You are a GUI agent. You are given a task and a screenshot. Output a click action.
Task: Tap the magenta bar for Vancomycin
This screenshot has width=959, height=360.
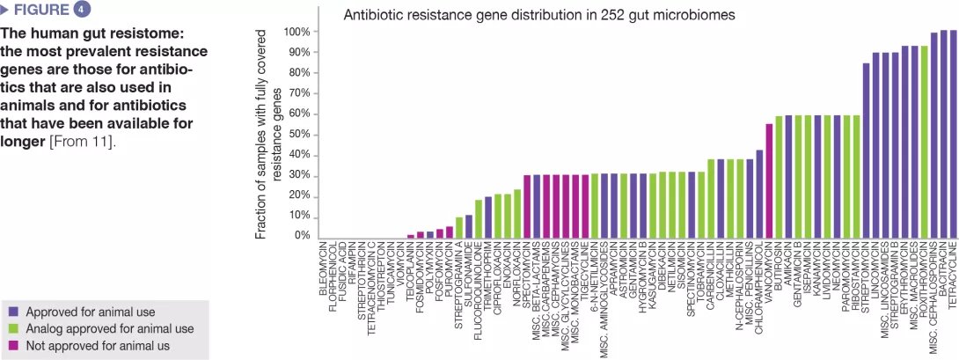[x=769, y=180]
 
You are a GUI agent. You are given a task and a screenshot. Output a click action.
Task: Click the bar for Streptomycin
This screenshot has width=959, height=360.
[x=866, y=151]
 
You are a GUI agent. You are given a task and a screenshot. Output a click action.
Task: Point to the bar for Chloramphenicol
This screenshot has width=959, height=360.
[x=759, y=194]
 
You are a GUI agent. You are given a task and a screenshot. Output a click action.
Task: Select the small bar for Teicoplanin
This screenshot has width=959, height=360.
[x=411, y=235]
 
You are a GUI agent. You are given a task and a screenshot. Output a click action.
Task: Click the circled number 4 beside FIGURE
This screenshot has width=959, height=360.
[x=81, y=11]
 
